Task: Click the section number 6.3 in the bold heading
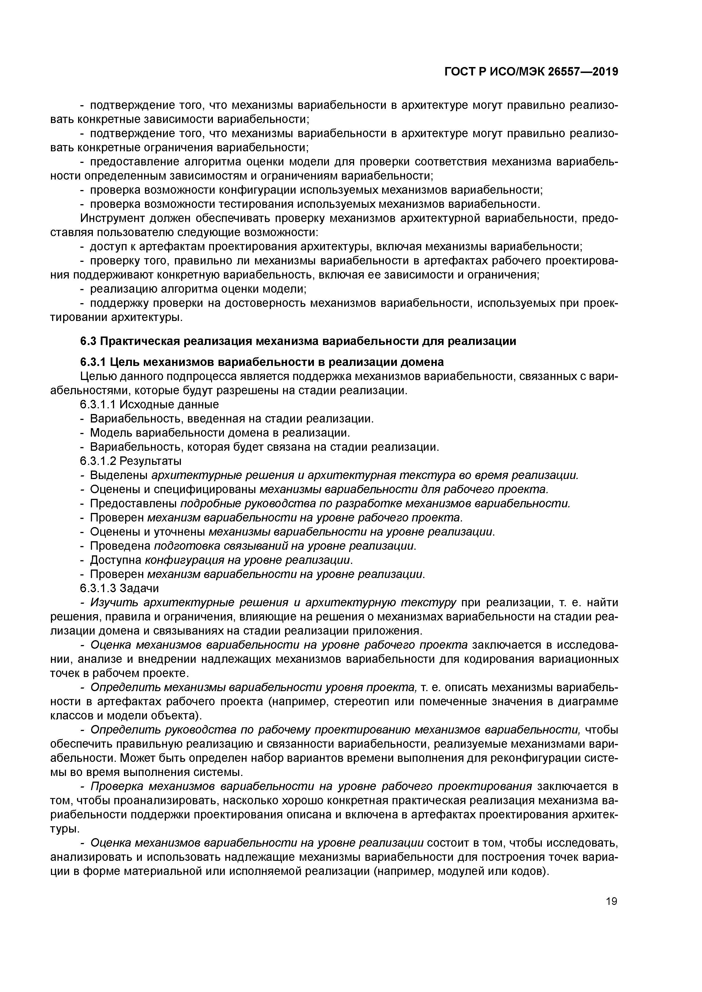point(89,341)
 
